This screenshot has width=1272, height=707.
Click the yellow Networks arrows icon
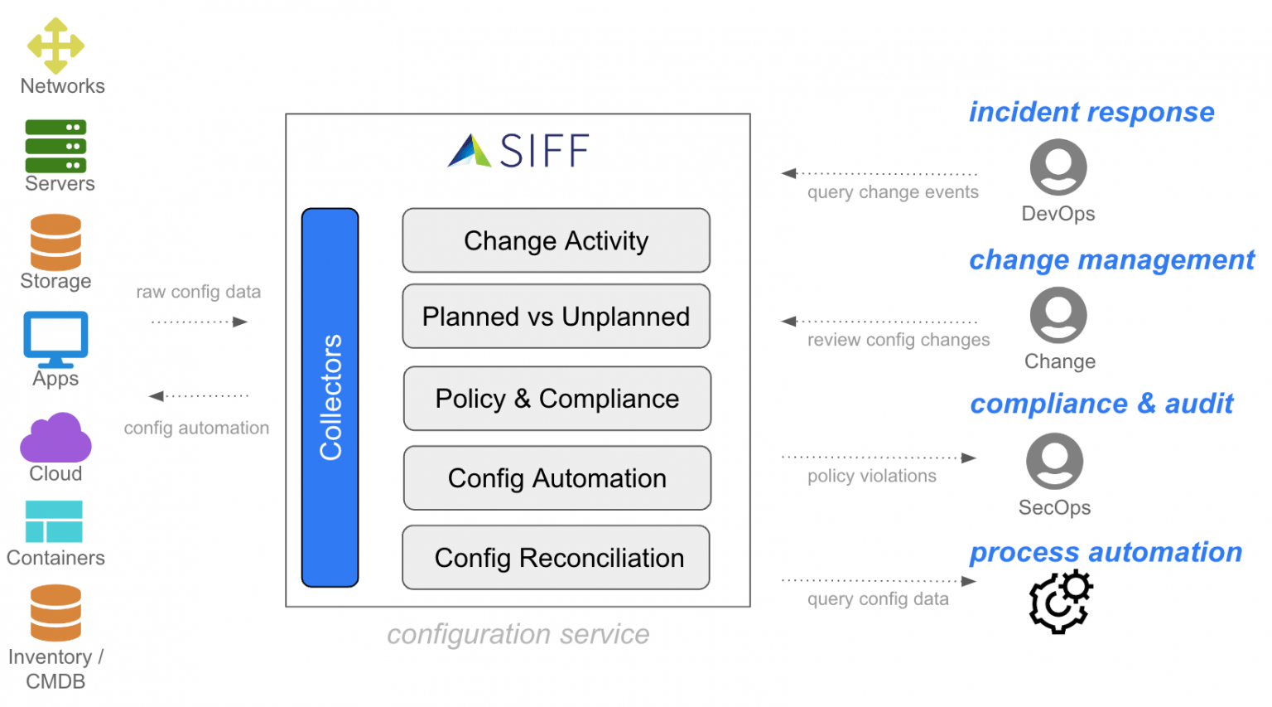tap(55, 46)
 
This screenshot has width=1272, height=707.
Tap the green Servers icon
tap(55, 146)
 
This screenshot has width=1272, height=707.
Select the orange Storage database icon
tap(55, 242)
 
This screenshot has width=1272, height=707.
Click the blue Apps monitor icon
tap(55, 338)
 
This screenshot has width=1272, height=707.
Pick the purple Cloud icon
tap(55, 438)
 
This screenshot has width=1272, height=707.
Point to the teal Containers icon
tap(54, 521)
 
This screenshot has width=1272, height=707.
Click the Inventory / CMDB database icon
tap(55, 613)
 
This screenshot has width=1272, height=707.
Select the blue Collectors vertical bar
tap(330, 397)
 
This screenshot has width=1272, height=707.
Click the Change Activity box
tap(556, 240)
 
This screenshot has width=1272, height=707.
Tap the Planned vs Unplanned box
tap(556, 317)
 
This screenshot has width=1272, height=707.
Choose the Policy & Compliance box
tap(556, 399)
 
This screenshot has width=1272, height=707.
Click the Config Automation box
tap(556, 478)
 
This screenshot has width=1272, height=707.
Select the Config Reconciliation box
tap(556, 558)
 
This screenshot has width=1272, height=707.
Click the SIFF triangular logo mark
tap(470, 151)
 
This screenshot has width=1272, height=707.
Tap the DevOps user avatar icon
tap(1058, 167)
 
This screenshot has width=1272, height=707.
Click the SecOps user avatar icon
tap(1054, 461)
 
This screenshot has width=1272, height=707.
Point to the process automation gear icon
tap(1060, 601)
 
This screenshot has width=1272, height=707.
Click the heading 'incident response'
tap(1091, 112)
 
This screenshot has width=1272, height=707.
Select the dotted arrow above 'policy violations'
tap(879, 458)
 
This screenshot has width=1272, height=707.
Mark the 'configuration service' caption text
tap(518, 634)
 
